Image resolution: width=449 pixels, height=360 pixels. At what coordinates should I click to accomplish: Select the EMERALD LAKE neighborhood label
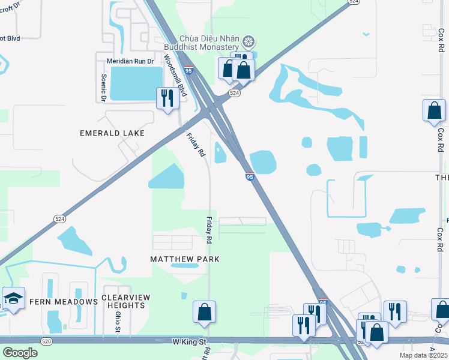pyautogui.click(x=112, y=133)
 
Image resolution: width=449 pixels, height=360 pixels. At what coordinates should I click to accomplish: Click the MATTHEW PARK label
pyautogui.click(x=184, y=259)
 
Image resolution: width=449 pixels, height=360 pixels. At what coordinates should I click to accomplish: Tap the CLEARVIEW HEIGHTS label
pyautogui.click(x=124, y=301)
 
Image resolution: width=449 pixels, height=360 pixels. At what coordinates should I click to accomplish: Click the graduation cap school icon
pyautogui.click(x=13, y=298)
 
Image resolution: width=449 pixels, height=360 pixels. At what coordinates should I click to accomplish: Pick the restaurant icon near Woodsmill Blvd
pyautogui.click(x=167, y=97)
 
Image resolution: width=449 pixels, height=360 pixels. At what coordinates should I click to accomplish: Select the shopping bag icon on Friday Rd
pyautogui.click(x=204, y=311)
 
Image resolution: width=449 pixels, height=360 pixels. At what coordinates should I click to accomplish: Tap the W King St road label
pyautogui.click(x=189, y=341)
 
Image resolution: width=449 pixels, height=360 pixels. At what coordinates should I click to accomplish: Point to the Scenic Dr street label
pyautogui.click(x=103, y=87)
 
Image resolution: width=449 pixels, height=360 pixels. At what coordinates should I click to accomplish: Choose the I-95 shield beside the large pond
pyautogui.click(x=249, y=176)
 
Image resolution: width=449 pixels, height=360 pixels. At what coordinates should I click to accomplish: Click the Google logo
pyautogui.click(x=20, y=353)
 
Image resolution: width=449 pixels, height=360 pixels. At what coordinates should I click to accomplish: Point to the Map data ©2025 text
pyautogui.click(x=423, y=355)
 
